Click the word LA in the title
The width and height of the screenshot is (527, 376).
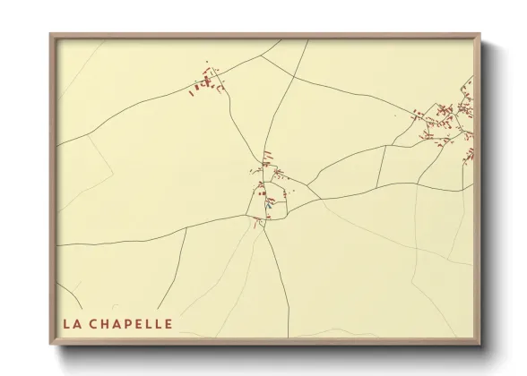coord(72,322)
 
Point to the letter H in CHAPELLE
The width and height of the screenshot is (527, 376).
coord(108,322)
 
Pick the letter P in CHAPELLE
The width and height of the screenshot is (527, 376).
coord(131,322)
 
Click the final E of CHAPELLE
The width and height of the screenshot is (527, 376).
coord(169,322)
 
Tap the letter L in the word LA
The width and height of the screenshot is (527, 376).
coord(67,322)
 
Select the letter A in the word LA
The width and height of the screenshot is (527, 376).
coord(77,322)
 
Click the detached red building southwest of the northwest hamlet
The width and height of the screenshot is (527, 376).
coord(191,92)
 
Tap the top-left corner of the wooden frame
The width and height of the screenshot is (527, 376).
coord(50,35)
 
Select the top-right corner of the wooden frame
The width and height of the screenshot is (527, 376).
coord(480,35)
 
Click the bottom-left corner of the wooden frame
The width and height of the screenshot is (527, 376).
coord(50,345)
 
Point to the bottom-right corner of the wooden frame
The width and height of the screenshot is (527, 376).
coord(480,345)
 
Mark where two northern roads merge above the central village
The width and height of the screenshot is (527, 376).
coord(264,146)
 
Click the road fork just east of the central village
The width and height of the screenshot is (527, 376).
coord(307,186)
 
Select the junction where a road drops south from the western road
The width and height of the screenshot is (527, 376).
coord(186,229)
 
